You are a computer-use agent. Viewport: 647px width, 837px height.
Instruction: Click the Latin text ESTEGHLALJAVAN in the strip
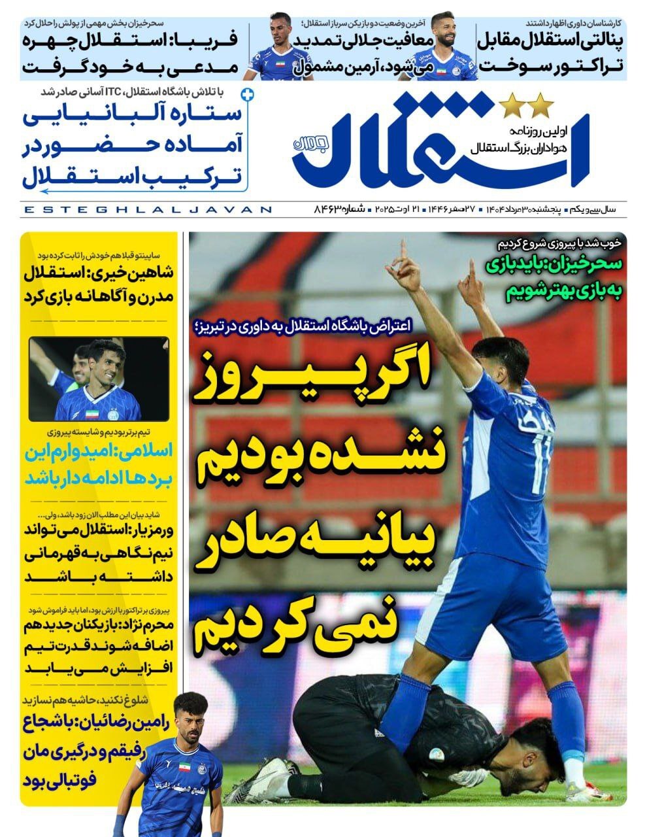(147, 210)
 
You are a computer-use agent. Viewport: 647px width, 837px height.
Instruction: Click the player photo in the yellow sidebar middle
(99, 379)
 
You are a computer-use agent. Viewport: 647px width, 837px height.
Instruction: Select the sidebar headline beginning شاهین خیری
(99, 284)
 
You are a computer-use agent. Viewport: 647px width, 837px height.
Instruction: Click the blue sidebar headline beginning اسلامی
(99, 464)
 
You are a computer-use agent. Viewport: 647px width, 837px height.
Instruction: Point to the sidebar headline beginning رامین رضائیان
(91, 752)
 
